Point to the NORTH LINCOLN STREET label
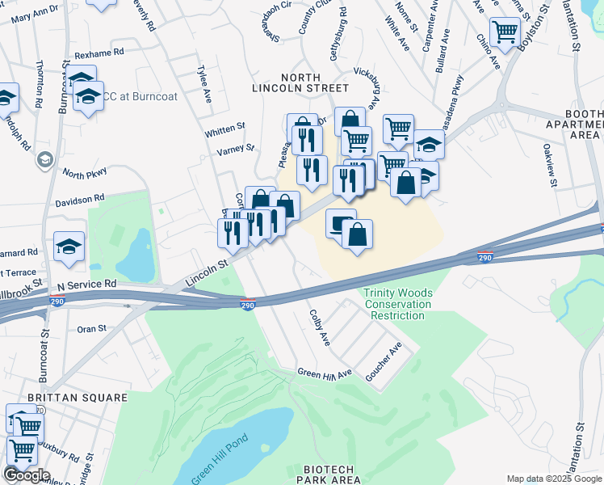[x=300, y=82]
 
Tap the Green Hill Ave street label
[x=325, y=373]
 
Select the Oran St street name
[x=90, y=329]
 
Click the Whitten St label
[x=224, y=129]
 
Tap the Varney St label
[x=235, y=150]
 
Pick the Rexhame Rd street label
[x=99, y=53]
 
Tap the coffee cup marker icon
[x=340, y=221]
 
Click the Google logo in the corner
[x=26, y=474]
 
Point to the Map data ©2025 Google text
[x=553, y=479]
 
